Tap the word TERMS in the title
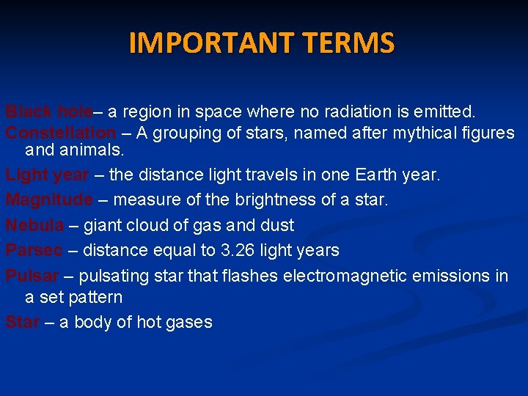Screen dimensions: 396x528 tap(352, 43)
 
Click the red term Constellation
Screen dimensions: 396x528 tap(61, 133)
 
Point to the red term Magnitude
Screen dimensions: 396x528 tap(49, 200)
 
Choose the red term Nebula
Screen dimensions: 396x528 tap(34, 225)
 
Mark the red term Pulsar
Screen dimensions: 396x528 tap(32, 276)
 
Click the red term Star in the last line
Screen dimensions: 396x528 tap(22, 322)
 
